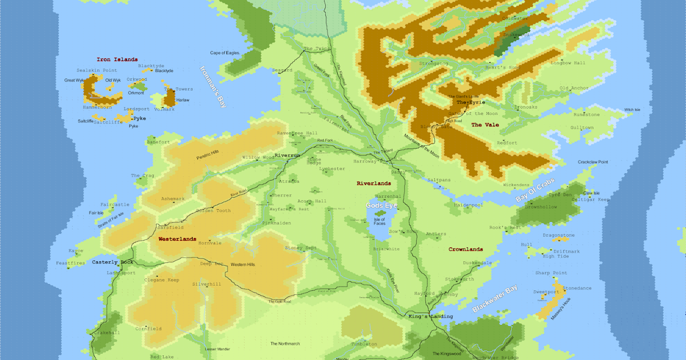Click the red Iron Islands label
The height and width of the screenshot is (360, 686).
pos(117,59)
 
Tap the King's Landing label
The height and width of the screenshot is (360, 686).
pos(430,316)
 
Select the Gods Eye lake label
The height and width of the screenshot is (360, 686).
pos(381,205)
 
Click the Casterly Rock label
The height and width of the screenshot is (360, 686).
pos(113,262)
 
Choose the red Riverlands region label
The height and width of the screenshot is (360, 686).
pos(373,183)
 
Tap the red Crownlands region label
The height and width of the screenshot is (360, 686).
pos(465,249)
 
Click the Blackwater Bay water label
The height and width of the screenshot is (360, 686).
pos(494,298)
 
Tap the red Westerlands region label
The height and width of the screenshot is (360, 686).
pos(177,239)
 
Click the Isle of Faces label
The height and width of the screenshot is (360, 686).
pos(379,222)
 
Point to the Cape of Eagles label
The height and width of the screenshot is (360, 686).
pos(225,53)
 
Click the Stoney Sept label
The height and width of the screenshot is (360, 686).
pos(301,248)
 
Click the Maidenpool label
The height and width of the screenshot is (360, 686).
pos(468,204)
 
